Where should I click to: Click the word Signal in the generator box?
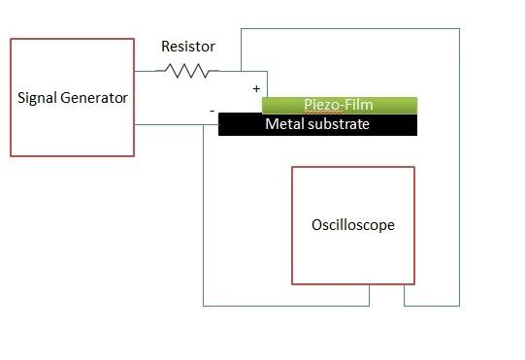click(37, 98)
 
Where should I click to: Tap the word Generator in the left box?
click(94, 98)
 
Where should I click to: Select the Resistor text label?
click(188, 47)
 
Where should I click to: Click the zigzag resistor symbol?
click(187, 71)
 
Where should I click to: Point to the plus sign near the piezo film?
click(256, 88)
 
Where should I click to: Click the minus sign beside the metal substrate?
click(213, 111)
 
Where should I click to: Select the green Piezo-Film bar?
click(340, 106)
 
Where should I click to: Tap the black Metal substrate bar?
click(317, 124)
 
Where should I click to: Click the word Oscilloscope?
click(353, 225)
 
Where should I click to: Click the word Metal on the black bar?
click(284, 124)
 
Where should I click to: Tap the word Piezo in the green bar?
click(321, 105)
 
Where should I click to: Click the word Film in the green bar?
click(359, 105)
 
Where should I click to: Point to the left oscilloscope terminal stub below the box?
click(370, 295)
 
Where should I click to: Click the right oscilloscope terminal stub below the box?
click(404, 295)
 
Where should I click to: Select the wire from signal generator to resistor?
click(146, 71)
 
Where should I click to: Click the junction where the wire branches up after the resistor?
click(241, 71)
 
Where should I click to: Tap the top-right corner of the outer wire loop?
click(459, 29)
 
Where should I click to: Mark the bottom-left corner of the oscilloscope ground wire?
click(203, 306)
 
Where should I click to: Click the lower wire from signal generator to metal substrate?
click(177, 125)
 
